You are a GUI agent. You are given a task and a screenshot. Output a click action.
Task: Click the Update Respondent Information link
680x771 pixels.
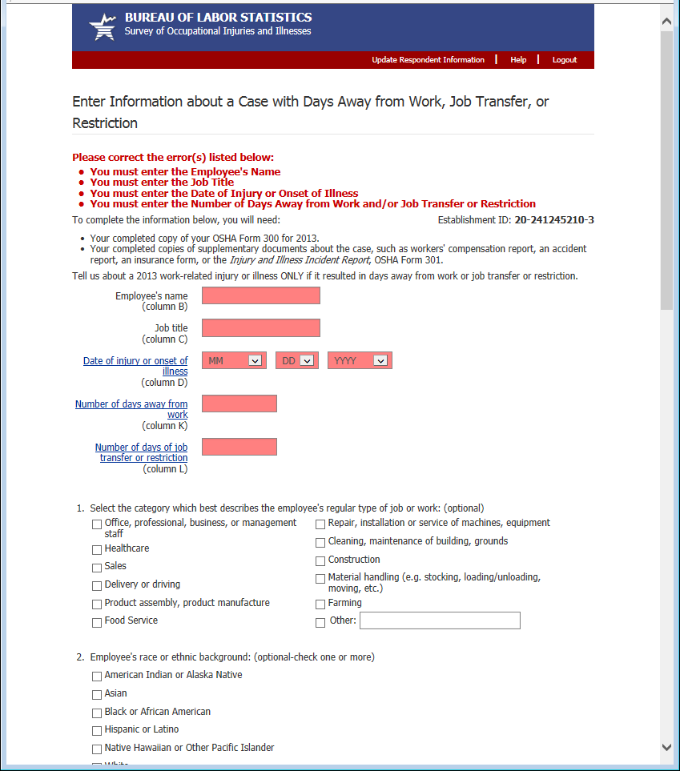(x=428, y=60)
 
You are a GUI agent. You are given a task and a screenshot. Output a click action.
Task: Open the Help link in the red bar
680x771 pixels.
(x=518, y=60)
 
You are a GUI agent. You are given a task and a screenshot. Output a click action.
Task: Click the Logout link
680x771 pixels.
(x=564, y=60)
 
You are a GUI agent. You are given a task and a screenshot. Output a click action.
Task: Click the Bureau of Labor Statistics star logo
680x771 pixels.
(x=102, y=28)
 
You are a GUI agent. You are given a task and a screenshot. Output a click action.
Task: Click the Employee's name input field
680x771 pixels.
(x=260, y=295)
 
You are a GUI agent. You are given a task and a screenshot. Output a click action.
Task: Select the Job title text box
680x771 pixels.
(x=260, y=327)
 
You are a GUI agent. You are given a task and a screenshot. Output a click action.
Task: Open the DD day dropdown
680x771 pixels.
(x=297, y=361)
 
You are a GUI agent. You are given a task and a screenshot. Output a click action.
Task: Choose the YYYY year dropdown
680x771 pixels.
(x=360, y=361)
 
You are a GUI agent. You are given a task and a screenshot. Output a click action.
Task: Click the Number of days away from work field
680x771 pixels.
(x=239, y=404)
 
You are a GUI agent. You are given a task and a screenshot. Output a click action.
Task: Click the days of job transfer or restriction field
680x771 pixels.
(x=239, y=447)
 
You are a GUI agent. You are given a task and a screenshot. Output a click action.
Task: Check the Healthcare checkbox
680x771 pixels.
(x=97, y=550)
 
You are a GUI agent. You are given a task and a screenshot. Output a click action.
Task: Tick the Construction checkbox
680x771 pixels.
(x=320, y=560)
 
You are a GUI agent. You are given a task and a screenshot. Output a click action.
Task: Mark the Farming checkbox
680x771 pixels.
(x=320, y=604)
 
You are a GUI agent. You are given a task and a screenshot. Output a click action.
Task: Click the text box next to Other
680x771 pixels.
(x=440, y=620)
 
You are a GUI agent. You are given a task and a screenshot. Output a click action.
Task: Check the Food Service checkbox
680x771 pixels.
(x=97, y=622)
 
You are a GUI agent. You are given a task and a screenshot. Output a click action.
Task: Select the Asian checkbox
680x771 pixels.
(x=97, y=695)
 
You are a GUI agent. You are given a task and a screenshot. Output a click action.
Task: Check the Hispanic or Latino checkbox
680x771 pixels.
(x=97, y=731)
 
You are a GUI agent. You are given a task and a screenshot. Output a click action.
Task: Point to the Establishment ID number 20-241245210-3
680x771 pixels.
(x=554, y=220)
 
